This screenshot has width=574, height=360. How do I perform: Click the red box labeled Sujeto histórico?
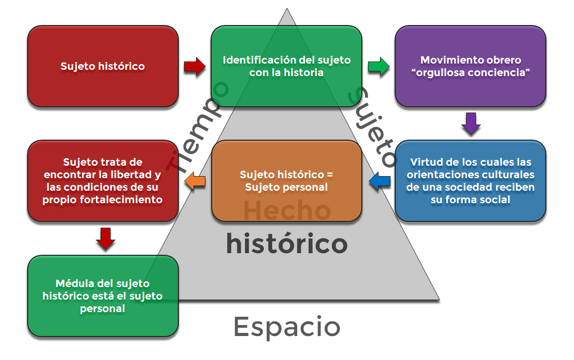103,66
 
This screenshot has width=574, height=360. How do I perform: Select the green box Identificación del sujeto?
287,66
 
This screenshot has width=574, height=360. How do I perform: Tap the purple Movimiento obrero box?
470,66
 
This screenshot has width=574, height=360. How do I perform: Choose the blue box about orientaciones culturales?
470,181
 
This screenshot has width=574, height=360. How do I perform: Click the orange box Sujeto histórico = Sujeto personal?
287,181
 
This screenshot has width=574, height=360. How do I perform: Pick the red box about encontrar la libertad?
103,181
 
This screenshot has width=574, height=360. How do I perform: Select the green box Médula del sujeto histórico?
103,296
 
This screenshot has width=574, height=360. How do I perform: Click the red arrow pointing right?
195,67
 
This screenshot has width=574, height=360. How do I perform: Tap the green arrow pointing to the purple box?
379,67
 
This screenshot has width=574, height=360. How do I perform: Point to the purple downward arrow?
471,123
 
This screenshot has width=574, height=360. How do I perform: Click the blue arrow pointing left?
380,181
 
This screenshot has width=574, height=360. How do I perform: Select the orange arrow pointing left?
195,181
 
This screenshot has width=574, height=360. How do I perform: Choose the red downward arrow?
106,239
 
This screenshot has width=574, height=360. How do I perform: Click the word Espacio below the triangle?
287,327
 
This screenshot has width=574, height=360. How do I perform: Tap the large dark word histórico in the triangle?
287,244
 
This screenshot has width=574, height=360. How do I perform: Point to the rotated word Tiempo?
198,126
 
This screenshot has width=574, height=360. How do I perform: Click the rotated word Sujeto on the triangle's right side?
372,126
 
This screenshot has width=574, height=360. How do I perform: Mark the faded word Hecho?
287,210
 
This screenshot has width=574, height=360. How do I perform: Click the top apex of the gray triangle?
287,8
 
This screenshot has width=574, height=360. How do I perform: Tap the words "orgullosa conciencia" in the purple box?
470,72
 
